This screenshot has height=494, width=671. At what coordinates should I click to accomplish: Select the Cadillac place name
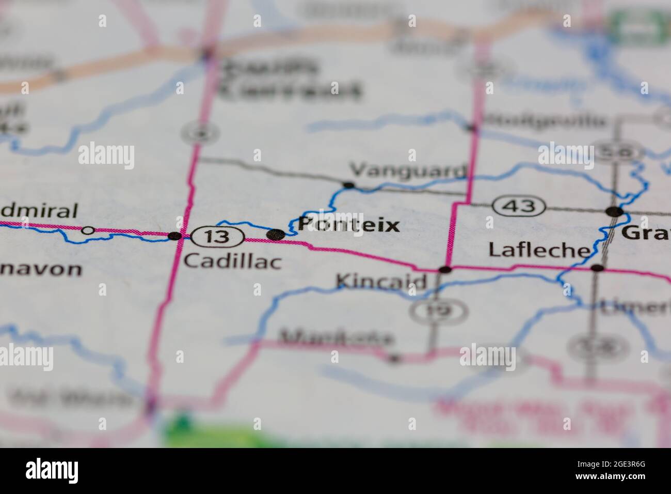[233, 261]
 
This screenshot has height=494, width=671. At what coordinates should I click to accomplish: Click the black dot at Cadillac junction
[175, 236]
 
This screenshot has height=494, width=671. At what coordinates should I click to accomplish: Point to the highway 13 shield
[217, 237]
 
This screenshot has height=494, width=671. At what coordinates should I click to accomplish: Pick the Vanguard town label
[408, 170]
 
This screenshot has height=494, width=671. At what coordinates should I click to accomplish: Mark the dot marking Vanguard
[349, 185]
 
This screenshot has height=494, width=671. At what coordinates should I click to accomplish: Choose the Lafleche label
[539, 250]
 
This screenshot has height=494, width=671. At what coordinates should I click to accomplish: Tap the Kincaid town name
[381, 282]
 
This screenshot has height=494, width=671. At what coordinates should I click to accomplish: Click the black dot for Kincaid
[444, 269]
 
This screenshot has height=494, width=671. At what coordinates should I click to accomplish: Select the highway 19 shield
[439, 310]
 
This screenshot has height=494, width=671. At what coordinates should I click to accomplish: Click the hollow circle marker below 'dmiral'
[88, 230]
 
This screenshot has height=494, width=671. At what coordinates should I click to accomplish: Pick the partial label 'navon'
[41, 269]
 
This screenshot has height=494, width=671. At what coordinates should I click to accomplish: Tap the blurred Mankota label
[335, 338]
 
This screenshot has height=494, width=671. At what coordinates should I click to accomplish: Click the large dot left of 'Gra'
[614, 211]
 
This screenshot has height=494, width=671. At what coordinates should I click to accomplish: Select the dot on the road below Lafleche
[597, 268]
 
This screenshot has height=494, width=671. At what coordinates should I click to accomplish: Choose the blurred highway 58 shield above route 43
[617, 151]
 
